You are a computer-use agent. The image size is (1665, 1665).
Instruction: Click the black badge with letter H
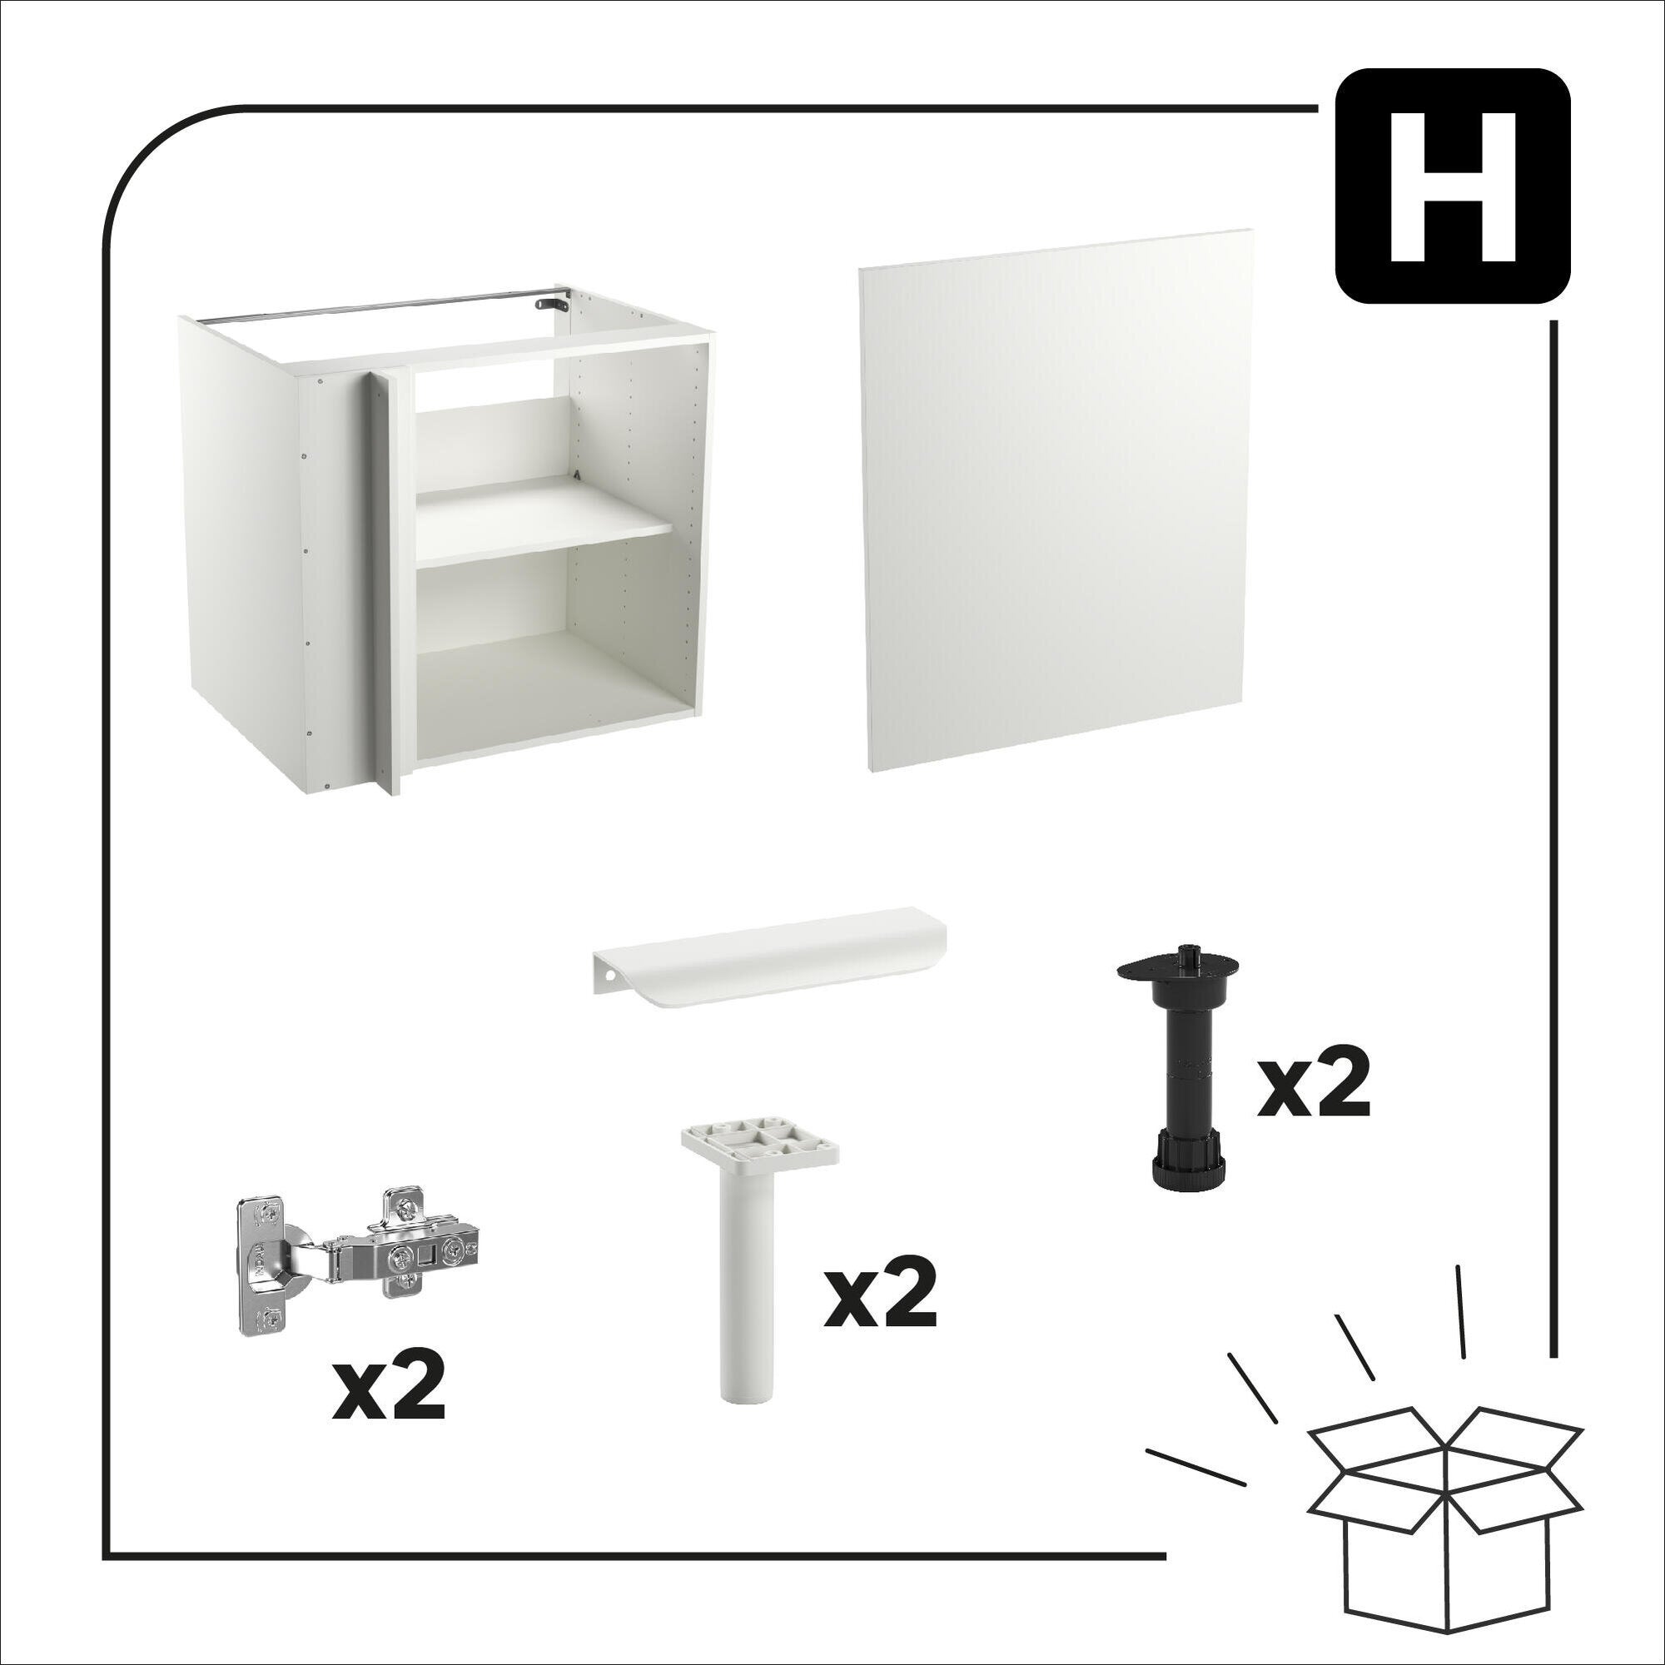point(1452,186)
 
